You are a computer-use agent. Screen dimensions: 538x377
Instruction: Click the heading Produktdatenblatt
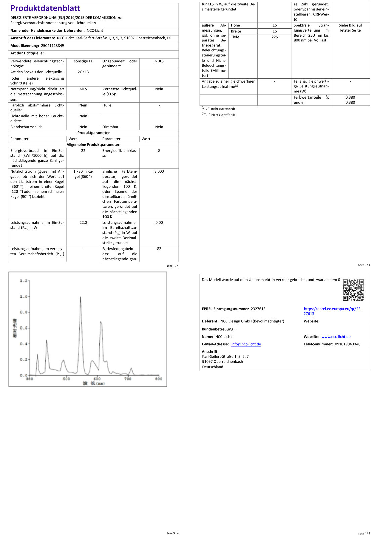[45, 8]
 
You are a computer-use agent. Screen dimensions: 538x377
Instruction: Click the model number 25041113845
[52, 46]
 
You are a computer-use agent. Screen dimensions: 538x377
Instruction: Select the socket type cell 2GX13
[83, 72]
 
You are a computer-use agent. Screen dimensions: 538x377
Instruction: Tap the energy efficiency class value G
[159, 151]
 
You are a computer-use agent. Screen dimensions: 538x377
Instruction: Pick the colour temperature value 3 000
[159, 171]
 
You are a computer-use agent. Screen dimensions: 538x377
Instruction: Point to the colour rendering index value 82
[159, 249]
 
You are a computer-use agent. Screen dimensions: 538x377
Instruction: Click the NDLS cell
[159, 61]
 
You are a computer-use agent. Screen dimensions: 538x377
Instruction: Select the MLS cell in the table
[83, 89]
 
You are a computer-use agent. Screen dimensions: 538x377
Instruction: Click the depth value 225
[275, 37]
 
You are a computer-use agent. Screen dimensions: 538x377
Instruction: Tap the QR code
[353, 290]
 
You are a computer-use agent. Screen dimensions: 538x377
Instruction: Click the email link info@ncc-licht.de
[246, 344]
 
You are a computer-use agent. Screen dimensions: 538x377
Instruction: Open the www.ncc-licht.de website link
[336, 337]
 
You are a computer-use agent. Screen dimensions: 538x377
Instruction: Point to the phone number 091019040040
[347, 344]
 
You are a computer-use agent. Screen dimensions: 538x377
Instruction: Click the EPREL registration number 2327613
[258, 309]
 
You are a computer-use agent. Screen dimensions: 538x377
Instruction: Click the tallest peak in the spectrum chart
[80, 297]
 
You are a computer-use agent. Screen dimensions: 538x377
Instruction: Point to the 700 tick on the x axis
[128, 379]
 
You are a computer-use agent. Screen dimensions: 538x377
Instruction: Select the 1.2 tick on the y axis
[24, 281]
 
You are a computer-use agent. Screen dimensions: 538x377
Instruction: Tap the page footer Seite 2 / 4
[364, 265]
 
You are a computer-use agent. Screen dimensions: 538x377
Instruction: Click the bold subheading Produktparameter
[93, 133]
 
